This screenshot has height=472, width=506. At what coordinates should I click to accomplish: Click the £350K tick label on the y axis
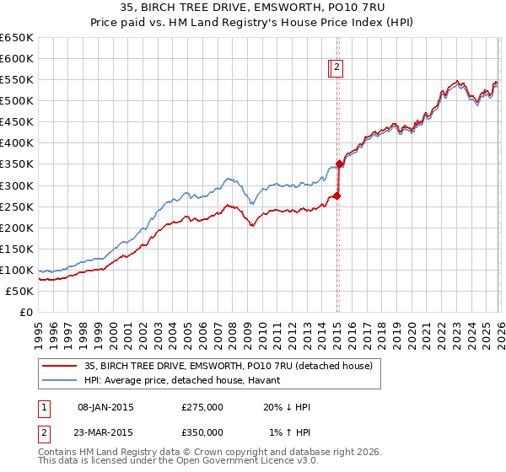pos(17,164)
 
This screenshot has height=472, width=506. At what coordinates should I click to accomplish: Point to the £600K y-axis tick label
pos(17,58)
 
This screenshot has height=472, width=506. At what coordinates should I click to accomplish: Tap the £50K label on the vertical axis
pos(19,291)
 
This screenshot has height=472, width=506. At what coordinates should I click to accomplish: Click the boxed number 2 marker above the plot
pos(336,68)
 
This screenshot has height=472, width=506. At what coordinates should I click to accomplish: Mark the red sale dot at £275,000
pos(336,196)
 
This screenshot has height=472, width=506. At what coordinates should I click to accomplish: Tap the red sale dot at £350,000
pos(339,164)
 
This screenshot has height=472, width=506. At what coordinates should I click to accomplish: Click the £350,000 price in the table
pos(202,432)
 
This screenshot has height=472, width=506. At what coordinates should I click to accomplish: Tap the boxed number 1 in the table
pos(43,407)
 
